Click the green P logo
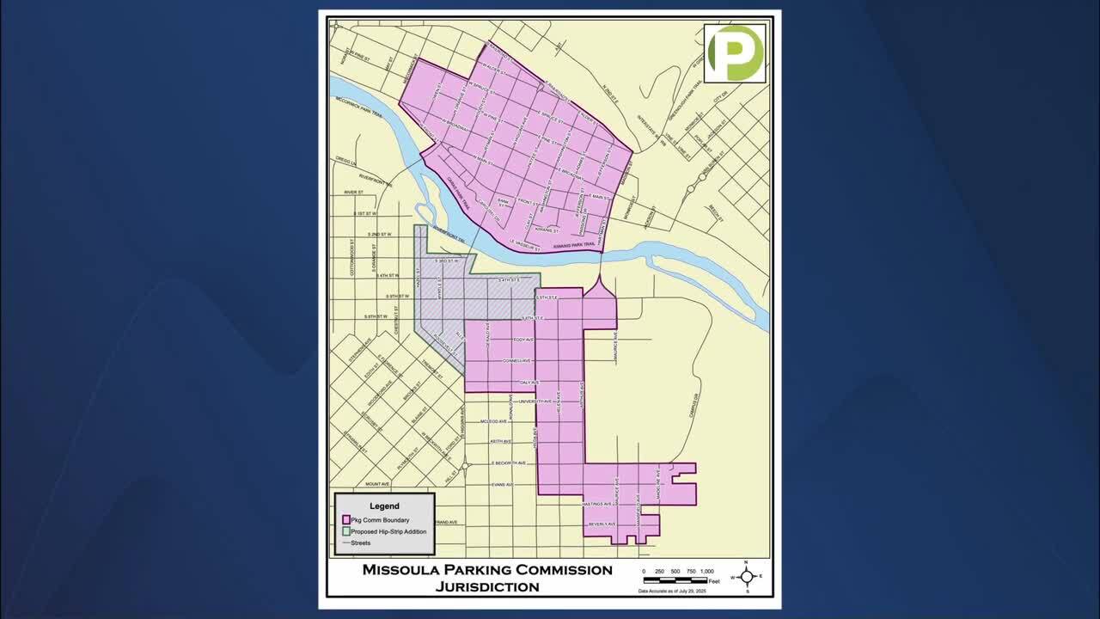tap(735, 53)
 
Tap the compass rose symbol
tap(746, 577)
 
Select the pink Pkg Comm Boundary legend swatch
tap(345, 520)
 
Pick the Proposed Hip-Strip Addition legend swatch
tap(345, 531)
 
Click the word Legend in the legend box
tap(384, 506)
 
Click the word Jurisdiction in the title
tap(487, 587)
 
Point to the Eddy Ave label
tap(523, 340)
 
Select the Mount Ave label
tap(377, 484)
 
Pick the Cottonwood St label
tap(352, 257)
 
